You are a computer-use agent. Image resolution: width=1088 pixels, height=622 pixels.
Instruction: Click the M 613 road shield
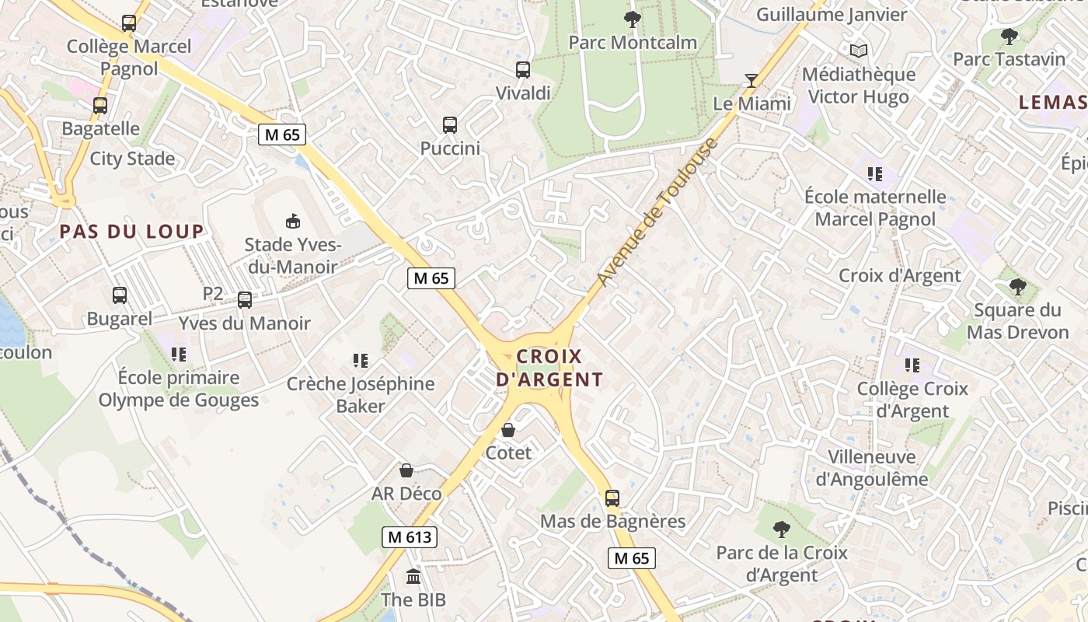[x=410, y=536]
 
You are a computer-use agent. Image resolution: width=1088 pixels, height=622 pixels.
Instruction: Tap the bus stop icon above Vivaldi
[x=523, y=70]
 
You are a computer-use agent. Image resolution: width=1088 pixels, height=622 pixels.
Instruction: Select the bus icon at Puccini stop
[x=449, y=124]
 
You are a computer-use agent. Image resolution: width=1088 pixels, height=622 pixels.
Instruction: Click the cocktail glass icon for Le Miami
[x=751, y=80]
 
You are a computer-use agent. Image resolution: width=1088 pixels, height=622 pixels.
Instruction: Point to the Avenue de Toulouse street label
[x=657, y=211]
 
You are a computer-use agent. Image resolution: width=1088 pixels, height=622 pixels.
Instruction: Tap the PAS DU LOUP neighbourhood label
[x=131, y=231]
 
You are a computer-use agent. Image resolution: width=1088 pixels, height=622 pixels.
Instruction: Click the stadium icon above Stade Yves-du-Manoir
[x=293, y=222]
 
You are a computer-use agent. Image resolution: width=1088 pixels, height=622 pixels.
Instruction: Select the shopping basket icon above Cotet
[x=508, y=430]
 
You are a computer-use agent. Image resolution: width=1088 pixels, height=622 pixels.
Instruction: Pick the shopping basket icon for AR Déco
[x=406, y=470]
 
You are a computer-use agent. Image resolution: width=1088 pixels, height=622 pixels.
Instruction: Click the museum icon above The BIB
[x=413, y=577]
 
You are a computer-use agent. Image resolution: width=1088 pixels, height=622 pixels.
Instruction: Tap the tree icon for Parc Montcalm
[x=633, y=19]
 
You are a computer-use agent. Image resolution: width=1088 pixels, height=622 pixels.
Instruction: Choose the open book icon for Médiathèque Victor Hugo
[x=858, y=51]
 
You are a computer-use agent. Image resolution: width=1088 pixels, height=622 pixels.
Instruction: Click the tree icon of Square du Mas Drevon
[x=1017, y=287]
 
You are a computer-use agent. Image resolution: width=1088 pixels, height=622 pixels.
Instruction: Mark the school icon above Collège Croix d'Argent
[x=912, y=365]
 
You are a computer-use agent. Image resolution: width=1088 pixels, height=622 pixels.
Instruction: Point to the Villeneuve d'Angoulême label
[x=871, y=467]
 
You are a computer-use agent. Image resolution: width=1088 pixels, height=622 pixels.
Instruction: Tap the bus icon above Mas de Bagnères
[x=612, y=498]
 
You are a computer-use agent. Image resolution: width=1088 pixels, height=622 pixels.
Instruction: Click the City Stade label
[x=132, y=159]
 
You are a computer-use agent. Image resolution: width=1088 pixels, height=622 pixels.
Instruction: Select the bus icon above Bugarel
[x=119, y=295]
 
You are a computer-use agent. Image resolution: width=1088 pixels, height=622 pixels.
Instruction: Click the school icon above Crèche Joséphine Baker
[x=360, y=360]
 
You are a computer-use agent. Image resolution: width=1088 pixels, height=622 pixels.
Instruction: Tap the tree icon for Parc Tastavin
[x=1009, y=36]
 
